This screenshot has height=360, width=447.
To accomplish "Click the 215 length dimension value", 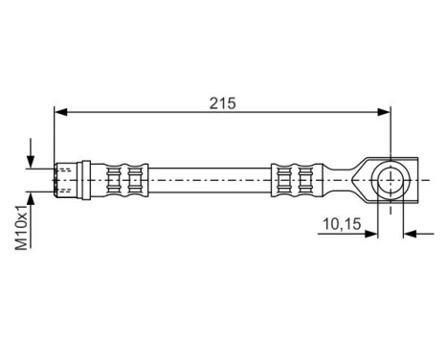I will coord(222,102).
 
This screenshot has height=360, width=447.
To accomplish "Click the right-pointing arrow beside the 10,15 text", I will coord(371,233).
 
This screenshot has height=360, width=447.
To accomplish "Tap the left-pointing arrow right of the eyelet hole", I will coord(413,233).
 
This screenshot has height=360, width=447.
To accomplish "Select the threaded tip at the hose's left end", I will coord(65,179).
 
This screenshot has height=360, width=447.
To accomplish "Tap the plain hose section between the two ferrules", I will coord(211,179).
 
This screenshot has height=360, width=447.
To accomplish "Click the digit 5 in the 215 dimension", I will coord(232,102).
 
